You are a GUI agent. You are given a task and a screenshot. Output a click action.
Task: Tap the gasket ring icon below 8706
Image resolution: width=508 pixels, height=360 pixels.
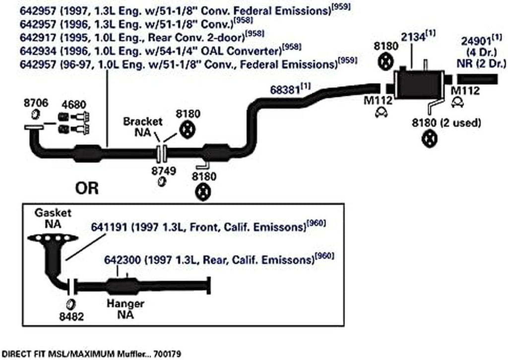[36, 116]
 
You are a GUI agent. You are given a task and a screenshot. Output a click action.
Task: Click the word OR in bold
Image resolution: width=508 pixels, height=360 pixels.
[86, 189]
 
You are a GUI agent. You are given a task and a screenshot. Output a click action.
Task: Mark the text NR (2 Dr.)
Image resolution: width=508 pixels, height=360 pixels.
[480, 63]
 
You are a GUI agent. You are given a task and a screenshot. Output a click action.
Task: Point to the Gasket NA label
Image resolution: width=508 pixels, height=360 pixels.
[53, 218]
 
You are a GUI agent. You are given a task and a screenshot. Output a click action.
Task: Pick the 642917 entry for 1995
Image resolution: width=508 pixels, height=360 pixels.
[35, 37]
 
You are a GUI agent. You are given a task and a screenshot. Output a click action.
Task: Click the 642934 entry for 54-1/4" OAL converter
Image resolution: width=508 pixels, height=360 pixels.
[35, 50]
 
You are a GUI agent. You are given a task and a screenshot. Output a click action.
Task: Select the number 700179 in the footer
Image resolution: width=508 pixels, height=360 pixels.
[166, 354]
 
